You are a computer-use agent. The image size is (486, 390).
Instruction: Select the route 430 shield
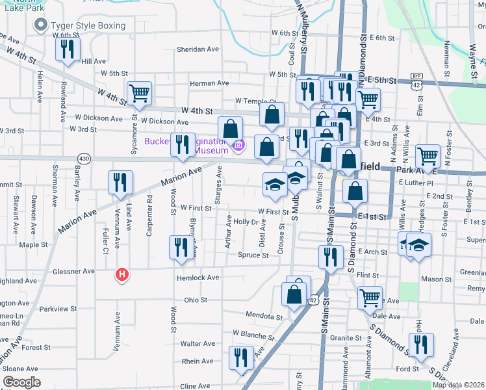pyautogui.click(x=84, y=158)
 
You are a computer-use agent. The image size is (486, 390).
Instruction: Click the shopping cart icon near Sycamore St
pyautogui.click(x=140, y=93)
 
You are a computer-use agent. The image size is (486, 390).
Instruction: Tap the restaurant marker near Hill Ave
pyautogui.click(x=68, y=49)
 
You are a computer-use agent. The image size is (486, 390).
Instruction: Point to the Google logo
pyautogui.click(x=21, y=382)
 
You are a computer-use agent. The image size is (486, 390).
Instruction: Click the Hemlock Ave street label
pyautogui.click(x=198, y=278)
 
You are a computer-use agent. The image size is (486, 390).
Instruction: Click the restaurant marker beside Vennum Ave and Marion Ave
pyautogui.click(x=121, y=182)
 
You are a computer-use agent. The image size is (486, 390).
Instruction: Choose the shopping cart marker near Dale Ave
pyautogui.click(x=370, y=298)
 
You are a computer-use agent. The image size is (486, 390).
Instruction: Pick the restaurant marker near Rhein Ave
pyautogui.click(x=241, y=357)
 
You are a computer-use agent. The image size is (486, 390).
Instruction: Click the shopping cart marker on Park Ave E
pyautogui.click(x=428, y=155)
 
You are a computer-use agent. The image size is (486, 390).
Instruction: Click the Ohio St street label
pyautogui.click(x=195, y=300)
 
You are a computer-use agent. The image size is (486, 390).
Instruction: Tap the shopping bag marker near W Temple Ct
pyautogui.click(x=272, y=114)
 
